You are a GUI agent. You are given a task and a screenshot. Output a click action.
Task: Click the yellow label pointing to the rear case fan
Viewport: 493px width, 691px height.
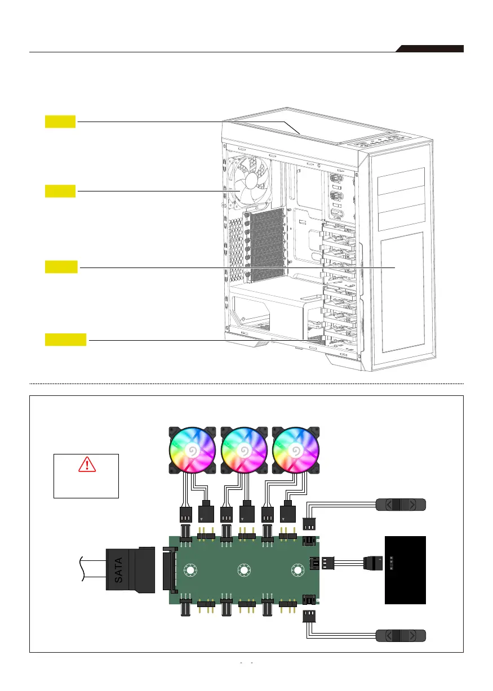(60, 191)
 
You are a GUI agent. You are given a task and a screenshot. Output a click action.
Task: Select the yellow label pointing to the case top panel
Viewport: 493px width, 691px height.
(60, 121)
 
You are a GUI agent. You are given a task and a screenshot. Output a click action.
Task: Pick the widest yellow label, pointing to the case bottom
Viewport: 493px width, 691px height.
(66, 340)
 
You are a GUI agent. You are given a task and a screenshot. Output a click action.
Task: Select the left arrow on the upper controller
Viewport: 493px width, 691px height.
(387, 506)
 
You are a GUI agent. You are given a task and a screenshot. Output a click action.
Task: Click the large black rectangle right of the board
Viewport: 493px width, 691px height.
(405, 570)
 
